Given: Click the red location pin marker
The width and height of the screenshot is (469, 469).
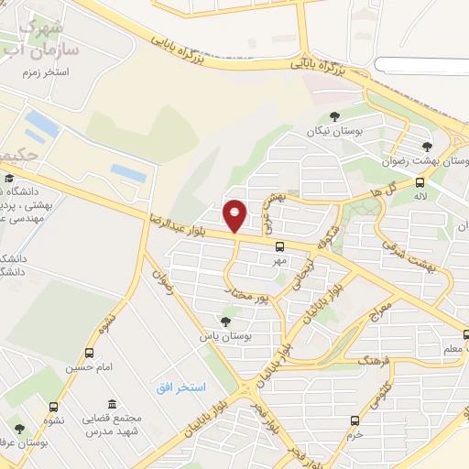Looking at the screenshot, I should [x=234, y=216].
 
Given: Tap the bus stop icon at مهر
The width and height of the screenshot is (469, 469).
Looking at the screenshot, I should [x=279, y=245].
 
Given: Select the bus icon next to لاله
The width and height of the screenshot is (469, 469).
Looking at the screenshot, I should [x=420, y=182].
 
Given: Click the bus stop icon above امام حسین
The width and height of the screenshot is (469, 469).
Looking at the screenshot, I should [x=90, y=353].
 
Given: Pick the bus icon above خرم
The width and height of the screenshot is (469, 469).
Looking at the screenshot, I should [x=354, y=420].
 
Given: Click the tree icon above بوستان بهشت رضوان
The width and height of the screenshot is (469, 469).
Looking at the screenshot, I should [x=426, y=146].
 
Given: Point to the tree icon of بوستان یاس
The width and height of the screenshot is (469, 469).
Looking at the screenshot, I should [x=225, y=321].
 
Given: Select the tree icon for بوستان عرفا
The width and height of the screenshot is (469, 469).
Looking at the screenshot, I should [x=19, y=429].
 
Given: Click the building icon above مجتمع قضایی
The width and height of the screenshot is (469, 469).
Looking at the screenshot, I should [x=111, y=405].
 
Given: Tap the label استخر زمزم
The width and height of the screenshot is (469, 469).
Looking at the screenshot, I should [x=48, y=71].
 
